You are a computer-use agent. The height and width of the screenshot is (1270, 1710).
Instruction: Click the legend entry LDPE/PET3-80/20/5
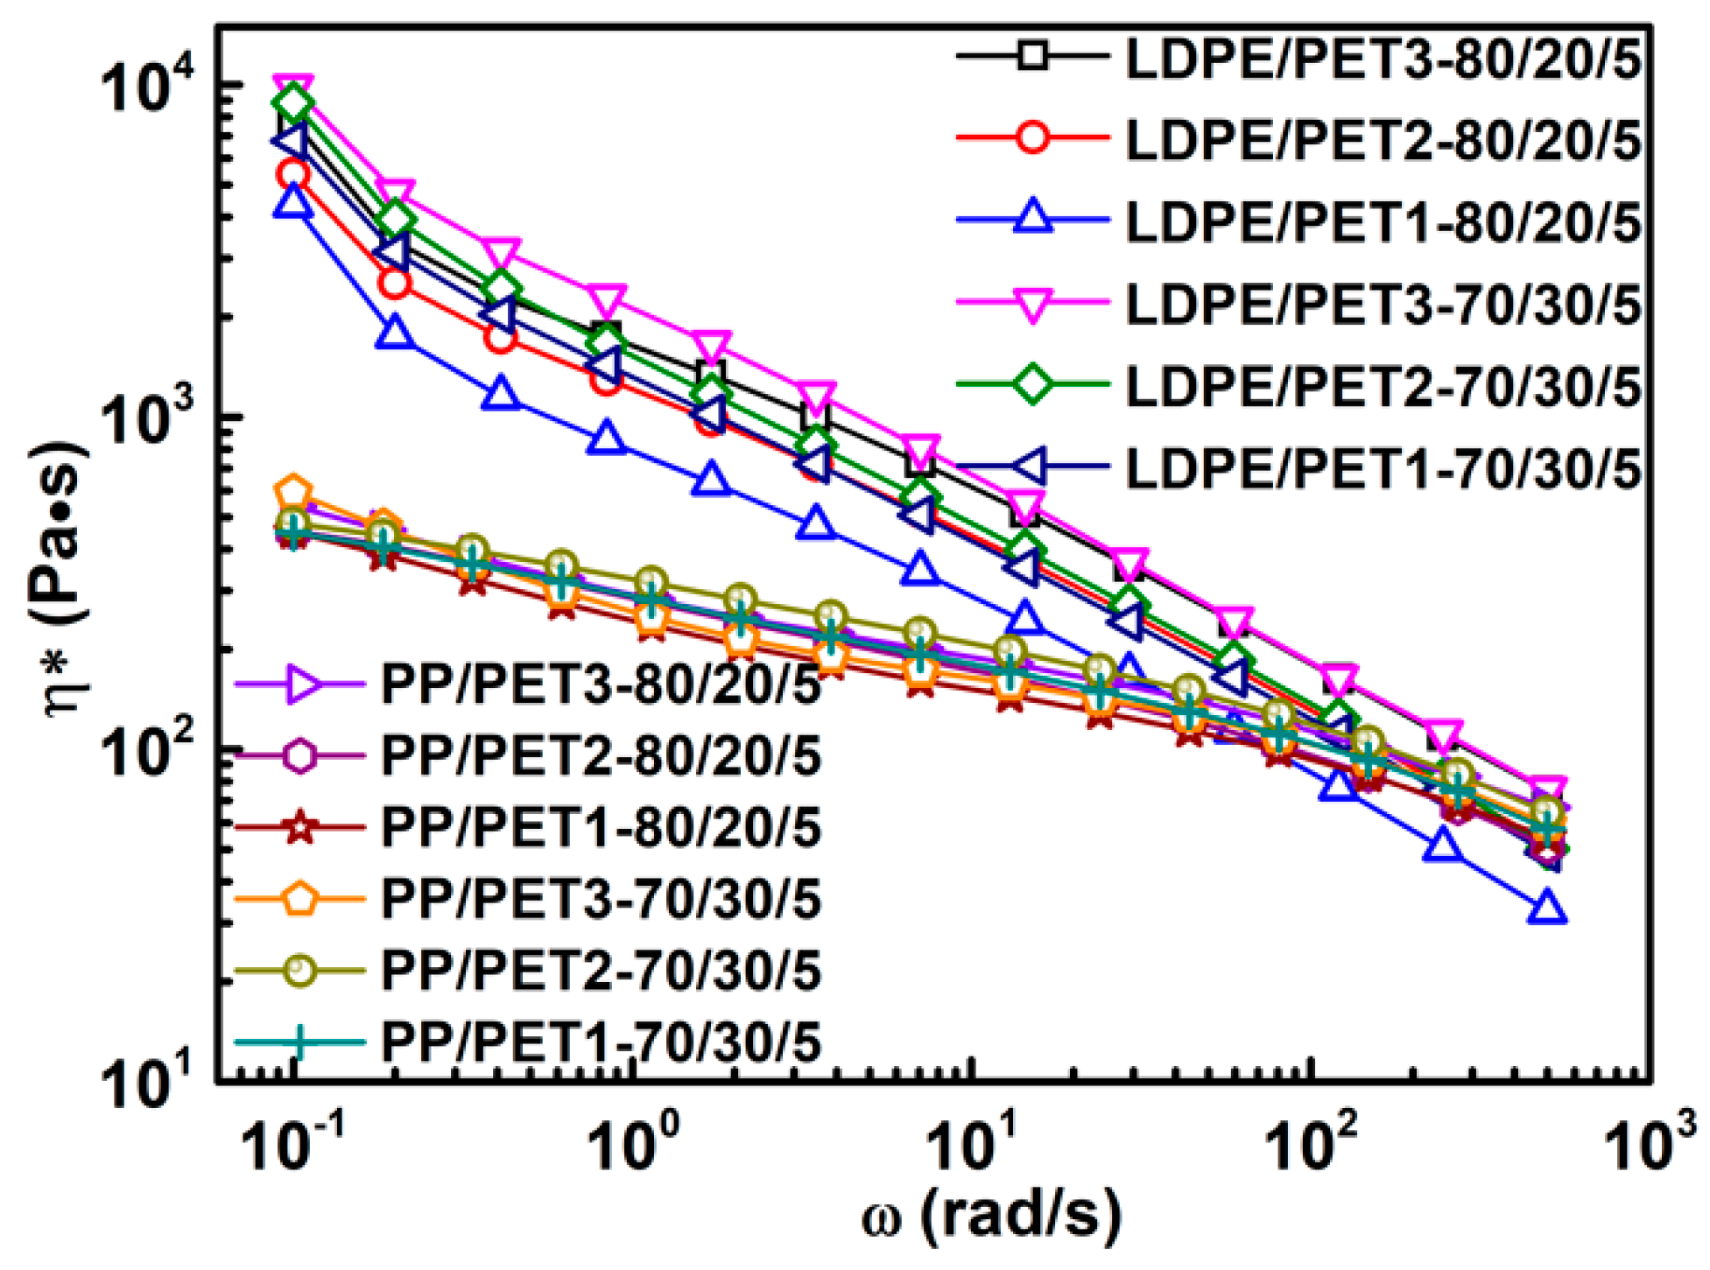tap(1383, 59)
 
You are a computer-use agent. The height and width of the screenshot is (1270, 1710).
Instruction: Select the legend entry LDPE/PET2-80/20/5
tap(1383, 140)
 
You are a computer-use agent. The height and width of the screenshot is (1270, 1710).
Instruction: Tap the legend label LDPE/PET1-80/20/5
tap(1383, 222)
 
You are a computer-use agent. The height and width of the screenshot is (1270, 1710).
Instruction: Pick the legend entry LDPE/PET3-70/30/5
tap(1383, 305)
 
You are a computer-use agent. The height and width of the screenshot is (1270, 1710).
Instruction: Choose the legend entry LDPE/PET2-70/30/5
tap(1383, 387)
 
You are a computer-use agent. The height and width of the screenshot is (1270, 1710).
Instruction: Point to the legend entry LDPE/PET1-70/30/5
tap(1383, 469)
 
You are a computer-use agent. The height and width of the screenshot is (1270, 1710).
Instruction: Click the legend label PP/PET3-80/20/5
tap(601, 684)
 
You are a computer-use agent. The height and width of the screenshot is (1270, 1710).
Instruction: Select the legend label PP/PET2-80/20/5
tap(601, 756)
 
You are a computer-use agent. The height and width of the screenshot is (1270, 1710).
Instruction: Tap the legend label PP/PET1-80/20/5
tap(601, 828)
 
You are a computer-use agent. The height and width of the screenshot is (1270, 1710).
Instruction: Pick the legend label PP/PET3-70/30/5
tap(601, 900)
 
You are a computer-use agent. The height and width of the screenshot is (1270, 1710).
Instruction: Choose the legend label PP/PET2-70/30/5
tap(601, 971)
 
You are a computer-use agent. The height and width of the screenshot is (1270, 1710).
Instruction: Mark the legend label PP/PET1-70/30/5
tap(601, 1042)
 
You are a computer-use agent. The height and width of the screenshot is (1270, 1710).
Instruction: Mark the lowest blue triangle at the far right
tap(1546, 909)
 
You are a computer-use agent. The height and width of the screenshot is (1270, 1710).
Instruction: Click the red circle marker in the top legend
tap(1033, 139)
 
